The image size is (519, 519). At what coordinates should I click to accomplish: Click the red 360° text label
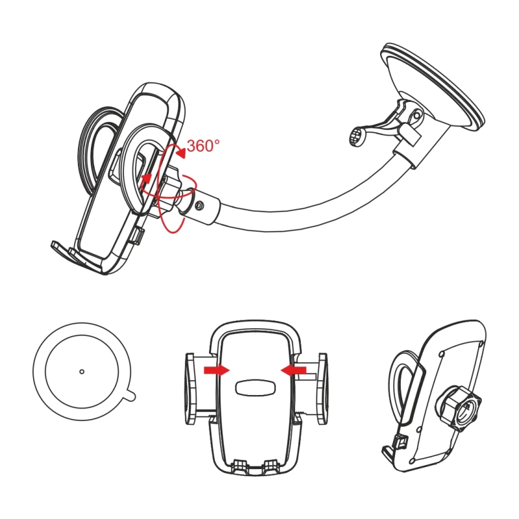(x=203, y=145)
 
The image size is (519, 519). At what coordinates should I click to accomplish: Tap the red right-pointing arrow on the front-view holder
(x=217, y=370)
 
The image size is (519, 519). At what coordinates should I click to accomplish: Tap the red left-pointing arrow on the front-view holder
(x=294, y=370)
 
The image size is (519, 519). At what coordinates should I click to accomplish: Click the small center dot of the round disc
(x=82, y=372)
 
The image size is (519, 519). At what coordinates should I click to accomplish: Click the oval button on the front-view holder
(x=256, y=387)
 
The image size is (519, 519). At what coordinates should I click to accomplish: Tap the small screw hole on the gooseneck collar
(x=199, y=206)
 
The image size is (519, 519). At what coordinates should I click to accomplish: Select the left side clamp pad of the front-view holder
(x=189, y=389)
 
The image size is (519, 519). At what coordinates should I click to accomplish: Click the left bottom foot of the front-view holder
(x=241, y=465)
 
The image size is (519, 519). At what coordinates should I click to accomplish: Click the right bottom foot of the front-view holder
(x=271, y=465)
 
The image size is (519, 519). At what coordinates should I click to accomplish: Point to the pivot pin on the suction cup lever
(x=416, y=115)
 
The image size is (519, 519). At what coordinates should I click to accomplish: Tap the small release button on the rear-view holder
(x=400, y=441)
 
